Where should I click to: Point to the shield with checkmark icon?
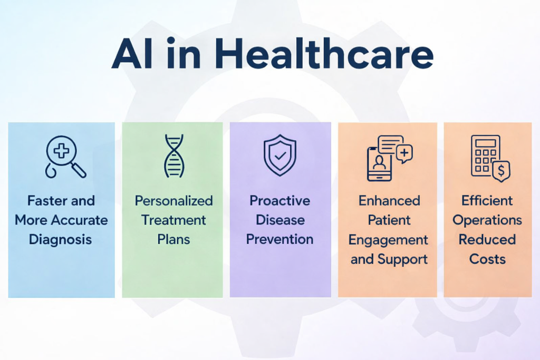point(279,154)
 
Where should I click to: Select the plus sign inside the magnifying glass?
point(62,151)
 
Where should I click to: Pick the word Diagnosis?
point(61,240)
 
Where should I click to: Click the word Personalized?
point(173,201)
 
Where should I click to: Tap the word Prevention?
point(279,240)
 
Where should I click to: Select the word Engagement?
point(389,240)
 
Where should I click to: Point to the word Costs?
point(487,259)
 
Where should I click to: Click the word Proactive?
point(279,201)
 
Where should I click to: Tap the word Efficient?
point(487,201)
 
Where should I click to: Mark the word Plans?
point(173,240)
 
